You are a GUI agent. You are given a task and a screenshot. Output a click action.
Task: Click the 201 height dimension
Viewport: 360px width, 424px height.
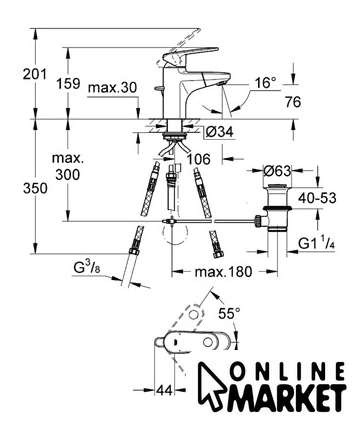pyautogui.click(x=35, y=74)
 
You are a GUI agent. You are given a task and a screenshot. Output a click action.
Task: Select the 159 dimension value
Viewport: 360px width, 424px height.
pyautogui.click(x=68, y=83)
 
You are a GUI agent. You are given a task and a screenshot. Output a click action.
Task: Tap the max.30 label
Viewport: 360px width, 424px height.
pyautogui.click(x=113, y=88)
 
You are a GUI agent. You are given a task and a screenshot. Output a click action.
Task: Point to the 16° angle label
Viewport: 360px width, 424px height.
pyautogui.click(x=266, y=82)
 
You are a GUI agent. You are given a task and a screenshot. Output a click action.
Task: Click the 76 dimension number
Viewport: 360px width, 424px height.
pyautogui.click(x=293, y=102)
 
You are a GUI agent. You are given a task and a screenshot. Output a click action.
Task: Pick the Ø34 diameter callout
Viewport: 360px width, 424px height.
pyautogui.click(x=219, y=132)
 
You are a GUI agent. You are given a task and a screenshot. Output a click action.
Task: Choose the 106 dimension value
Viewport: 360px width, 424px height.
pyautogui.click(x=198, y=159)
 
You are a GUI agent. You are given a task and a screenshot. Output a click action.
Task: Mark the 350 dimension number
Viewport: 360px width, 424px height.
pyautogui.click(x=35, y=189)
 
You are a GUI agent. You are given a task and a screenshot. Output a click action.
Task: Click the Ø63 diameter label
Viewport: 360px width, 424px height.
pyautogui.click(x=277, y=171)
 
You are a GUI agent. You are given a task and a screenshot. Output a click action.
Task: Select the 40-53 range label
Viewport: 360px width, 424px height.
pyautogui.click(x=317, y=198)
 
